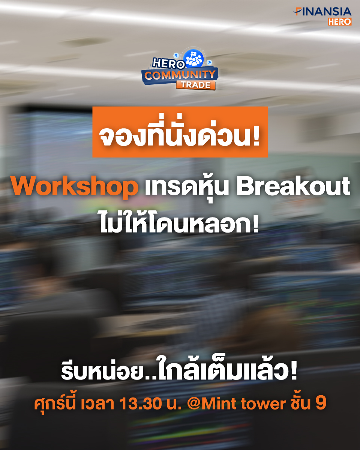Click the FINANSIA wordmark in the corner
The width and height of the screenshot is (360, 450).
(x=322, y=12)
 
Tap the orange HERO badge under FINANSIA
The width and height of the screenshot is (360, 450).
(x=339, y=21)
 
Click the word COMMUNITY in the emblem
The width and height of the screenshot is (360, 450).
(x=180, y=75)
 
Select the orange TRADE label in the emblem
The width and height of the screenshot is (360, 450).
(x=196, y=85)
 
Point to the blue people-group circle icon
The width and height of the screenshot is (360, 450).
(x=193, y=58)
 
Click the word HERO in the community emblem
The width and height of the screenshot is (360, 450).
(x=169, y=63)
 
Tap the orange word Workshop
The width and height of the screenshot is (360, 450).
(x=75, y=186)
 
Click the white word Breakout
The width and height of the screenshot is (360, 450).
(x=293, y=186)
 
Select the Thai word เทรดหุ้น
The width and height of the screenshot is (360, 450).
(x=187, y=187)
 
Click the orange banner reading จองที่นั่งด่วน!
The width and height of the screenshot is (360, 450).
(x=180, y=132)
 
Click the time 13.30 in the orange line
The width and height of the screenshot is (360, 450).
(x=141, y=403)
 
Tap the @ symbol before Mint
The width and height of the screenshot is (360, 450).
(x=194, y=404)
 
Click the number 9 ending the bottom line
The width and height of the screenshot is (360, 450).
(x=321, y=403)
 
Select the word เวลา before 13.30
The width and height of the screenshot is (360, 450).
(x=97, y=403)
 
